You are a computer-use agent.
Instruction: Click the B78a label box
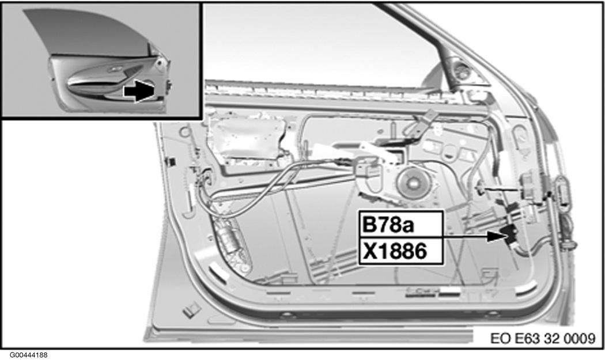(x=401, y=224)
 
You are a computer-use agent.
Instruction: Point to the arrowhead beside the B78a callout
(x=495, y=236)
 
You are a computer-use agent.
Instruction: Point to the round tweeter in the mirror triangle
(x=462, y=71)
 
